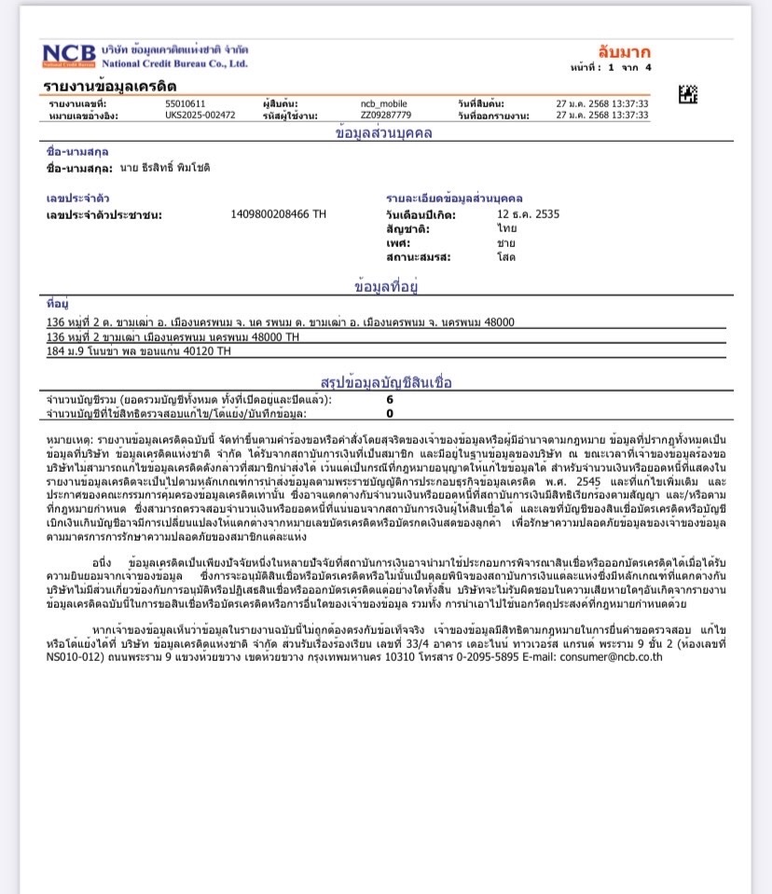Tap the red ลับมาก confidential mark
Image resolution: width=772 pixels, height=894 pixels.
pos(624,52)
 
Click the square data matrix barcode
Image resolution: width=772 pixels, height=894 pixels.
pos(688,94)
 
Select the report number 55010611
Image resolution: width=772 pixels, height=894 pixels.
pos(186,103)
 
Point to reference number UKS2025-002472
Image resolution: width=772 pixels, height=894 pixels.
pos(200,116)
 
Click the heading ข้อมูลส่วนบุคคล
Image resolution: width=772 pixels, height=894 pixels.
pos(384,133)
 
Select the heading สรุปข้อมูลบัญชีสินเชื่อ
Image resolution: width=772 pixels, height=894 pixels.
pos(386,382)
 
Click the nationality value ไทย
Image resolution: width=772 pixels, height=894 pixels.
pos(506,228)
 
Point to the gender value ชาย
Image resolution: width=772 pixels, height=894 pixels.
pos(506,242)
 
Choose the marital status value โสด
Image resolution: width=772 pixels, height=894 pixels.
pos(506,256)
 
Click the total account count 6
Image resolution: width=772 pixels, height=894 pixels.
pos(390,399)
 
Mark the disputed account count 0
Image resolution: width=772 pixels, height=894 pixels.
pos(390,413)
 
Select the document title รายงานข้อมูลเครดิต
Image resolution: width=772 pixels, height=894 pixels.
pos(110,87)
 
